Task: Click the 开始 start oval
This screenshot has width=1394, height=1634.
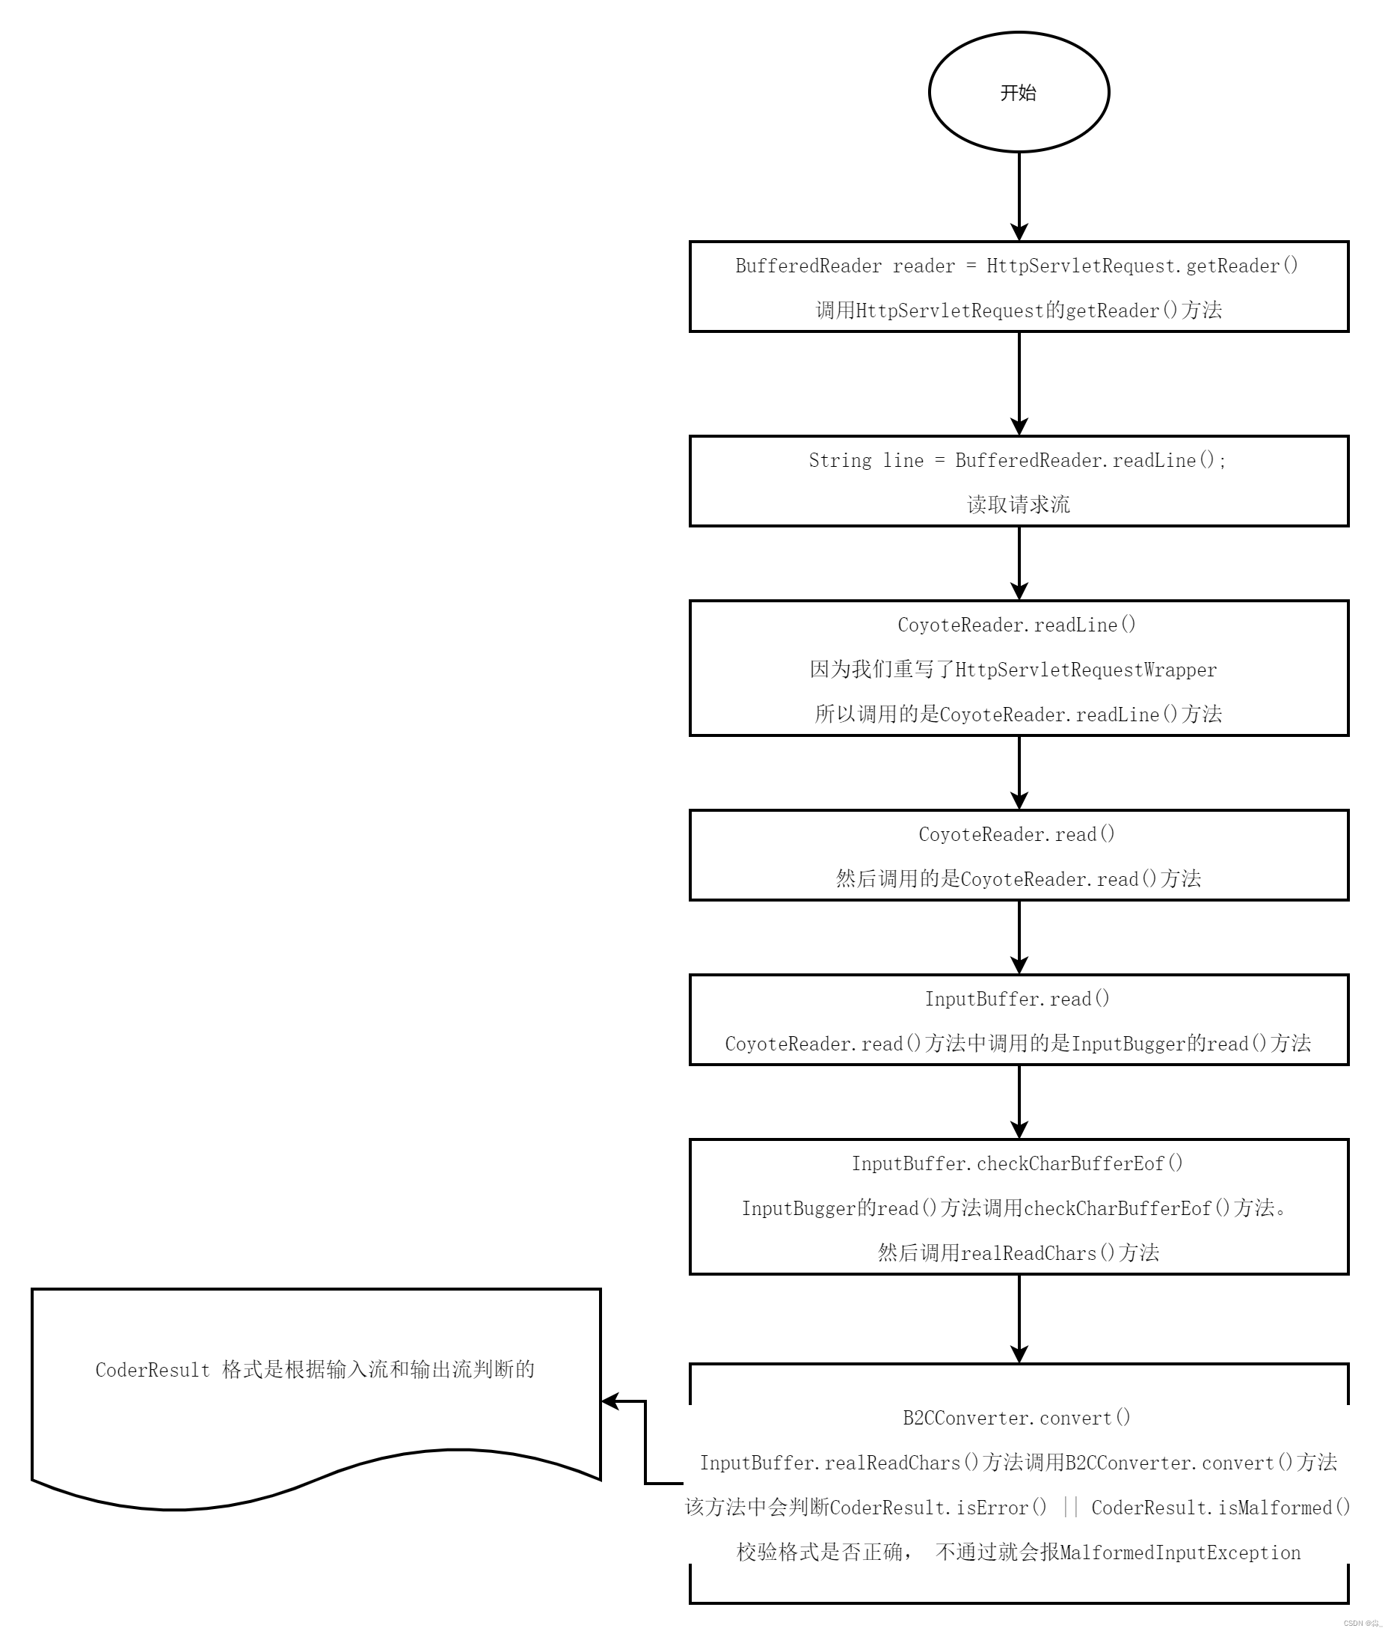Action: (1018, 92)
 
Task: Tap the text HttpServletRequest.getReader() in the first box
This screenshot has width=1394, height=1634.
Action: (1142, 266)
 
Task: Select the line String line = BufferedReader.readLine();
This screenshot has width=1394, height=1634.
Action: (1017, 461)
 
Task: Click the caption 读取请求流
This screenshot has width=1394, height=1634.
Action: (1018, 505)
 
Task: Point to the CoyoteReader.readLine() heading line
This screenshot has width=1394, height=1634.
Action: (1016, 625)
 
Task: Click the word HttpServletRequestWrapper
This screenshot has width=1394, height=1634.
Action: (1086, 670)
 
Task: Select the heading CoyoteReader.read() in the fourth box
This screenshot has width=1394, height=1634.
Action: (1016, 834)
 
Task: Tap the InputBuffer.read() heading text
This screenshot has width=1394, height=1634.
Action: (1017, 999)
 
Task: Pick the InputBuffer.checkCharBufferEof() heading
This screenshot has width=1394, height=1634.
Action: (1017, 1164)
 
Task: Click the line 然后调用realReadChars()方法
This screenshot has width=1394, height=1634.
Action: (1018, 1253)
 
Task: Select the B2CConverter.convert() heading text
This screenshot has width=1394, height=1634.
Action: (1016, 1418)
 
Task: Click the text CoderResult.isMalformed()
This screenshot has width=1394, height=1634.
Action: (1220, 1508)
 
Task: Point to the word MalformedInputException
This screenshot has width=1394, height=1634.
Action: (1180, 1552)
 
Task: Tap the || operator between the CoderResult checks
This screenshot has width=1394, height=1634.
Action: (1070, 1507)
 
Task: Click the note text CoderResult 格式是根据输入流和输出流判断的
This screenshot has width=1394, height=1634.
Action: (315, 1370)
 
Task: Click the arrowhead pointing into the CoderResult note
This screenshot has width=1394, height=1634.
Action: (610, 1401)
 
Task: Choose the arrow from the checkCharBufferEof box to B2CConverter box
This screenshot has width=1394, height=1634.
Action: (1019, 1318)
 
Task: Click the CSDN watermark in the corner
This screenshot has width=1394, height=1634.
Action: (1363, 1623)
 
